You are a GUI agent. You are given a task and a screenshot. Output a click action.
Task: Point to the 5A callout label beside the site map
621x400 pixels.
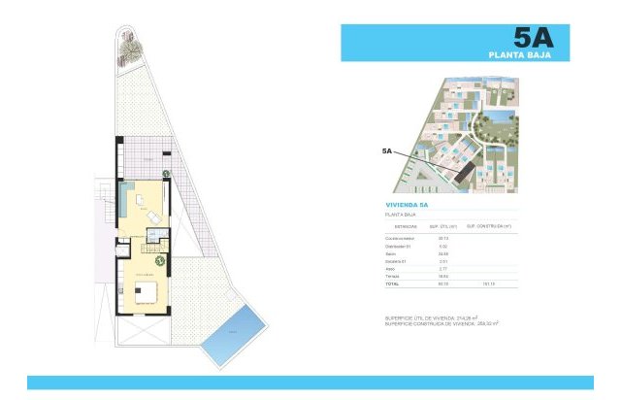coord(387,151)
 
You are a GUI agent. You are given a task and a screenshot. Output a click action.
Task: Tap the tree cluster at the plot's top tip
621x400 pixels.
coord(128,44)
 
